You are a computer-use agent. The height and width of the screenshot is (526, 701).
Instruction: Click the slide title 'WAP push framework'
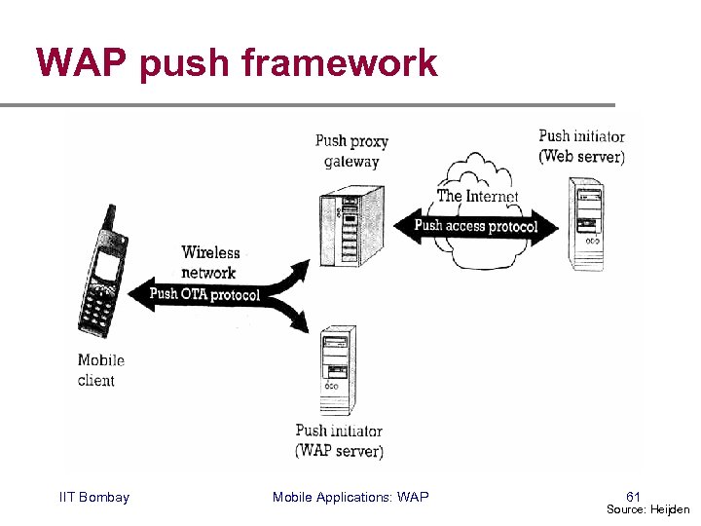click(x=237, y=63)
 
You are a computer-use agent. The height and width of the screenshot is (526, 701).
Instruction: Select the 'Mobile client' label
click(x=100, y=370)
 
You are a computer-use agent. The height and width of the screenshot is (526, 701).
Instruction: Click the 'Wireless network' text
click(x=209, y=263)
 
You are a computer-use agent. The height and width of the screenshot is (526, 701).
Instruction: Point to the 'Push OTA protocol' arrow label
click(x=205, y=294)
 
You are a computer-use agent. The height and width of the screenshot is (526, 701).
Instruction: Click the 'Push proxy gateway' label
click(x=350, y=152)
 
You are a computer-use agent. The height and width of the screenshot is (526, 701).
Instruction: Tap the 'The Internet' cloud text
click(x=476, y=197)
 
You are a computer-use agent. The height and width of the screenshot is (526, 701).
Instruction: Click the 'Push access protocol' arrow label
click(x=476, y=226)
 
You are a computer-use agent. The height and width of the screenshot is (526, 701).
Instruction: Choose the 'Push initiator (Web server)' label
click(x=581, y=146)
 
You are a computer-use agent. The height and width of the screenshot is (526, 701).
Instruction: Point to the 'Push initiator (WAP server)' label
click(x=338, y=440)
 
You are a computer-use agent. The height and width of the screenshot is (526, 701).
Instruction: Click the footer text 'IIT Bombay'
click(x=93, y=498)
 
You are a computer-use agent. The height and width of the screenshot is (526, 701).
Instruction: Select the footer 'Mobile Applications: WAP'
click(x=350, y=498)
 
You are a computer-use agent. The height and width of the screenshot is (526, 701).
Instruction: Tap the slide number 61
click(x=633, y=497)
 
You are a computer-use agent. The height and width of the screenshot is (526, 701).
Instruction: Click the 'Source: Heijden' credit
click(x=647, y=509)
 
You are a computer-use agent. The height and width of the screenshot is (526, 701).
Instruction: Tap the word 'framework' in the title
click(x=340, y=63)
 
